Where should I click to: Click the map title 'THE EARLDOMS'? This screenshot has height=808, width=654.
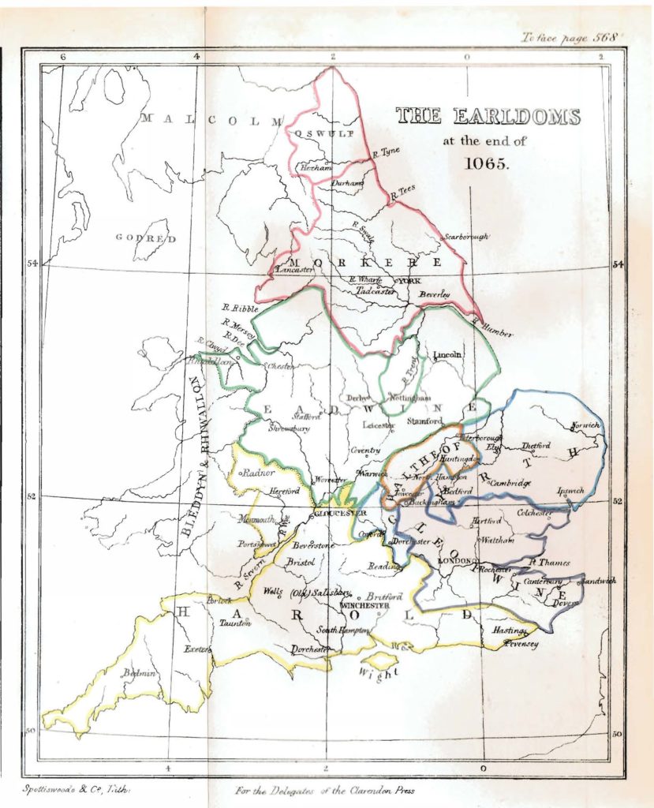pyautogui.click(x=488, y=117)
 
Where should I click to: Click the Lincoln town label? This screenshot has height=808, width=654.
pyautogui.click(x=447, y=354)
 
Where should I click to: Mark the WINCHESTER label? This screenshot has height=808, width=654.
pyautogui.click(x=365, y=605)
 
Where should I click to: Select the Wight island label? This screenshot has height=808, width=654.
pyautogui.click(x=377, y=673)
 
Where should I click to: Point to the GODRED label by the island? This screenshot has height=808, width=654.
pyautogui.click(x=146, y=238)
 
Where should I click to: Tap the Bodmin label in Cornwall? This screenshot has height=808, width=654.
pyautogui.click(x=139, y=674)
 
